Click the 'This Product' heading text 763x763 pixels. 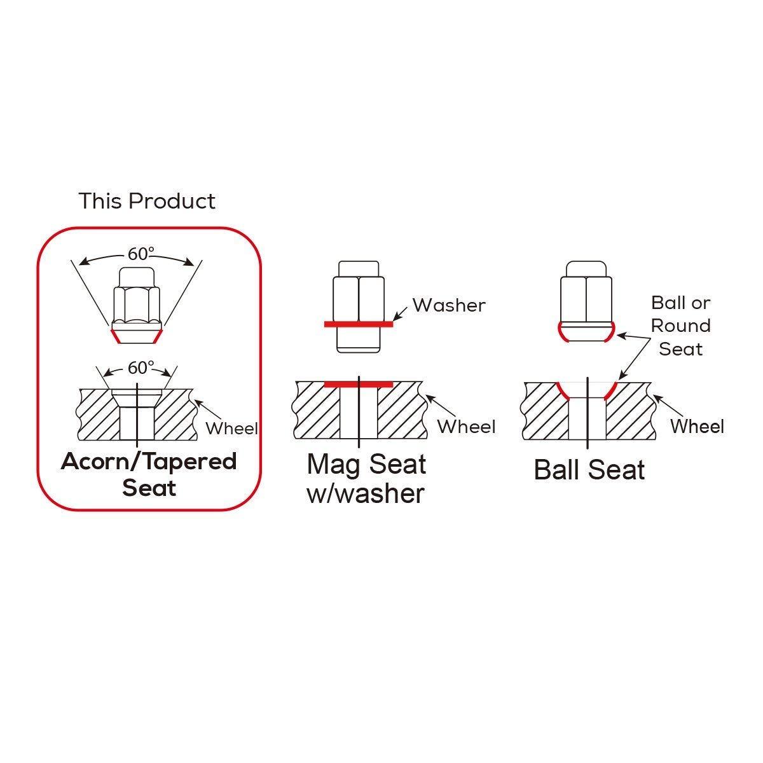147,201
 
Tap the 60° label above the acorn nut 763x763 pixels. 141,254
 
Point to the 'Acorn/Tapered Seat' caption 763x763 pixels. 149,475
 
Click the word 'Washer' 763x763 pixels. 449,305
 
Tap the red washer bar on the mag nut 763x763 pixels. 359,324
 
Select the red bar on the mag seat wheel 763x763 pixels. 359,385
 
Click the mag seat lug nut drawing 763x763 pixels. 359,306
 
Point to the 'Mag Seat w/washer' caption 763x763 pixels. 366,479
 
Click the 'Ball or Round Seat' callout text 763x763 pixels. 680,326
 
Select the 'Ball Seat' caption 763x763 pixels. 589,470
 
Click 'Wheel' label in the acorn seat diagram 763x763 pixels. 231,429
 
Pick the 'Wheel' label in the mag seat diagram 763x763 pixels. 467,427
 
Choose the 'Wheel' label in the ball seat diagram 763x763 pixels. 698,426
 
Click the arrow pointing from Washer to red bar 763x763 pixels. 401,313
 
